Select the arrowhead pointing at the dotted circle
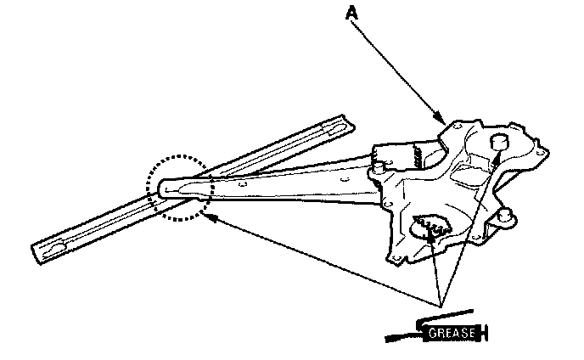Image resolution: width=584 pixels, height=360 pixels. click(x=211, y=217)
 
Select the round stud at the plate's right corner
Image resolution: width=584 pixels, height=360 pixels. click(x=507, y=215)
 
